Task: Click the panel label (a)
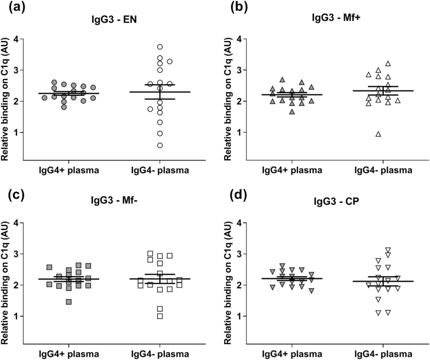click(x=10, y=8)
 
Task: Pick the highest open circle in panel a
click(x=160, y=47)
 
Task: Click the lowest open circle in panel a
click(x=159, y=145)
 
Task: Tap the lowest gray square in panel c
click(x=68, y=301)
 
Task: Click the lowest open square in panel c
click(x=160, y=316)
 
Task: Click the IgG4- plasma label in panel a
click(x=159, y=170)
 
